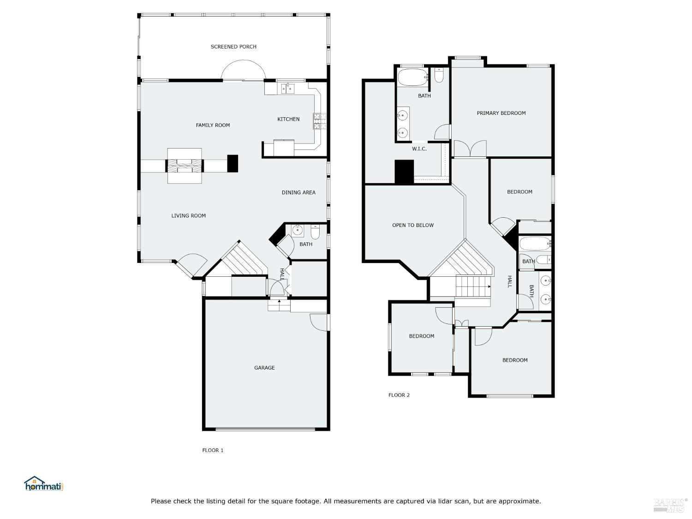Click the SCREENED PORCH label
pos(233,47)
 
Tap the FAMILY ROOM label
pos(213,125)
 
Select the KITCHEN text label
pos(288,119)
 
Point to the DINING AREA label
pos(298,192)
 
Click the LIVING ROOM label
pos(188,215)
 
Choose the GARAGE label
pos(264,368)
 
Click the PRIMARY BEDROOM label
pos(501,113)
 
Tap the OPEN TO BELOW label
pos(413,225)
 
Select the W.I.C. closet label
pos(419,149)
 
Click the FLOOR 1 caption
pos(213,450)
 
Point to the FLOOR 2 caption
pos(399,395)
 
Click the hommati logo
pos(43,484)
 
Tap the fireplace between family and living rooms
pos(185,166)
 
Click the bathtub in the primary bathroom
pos(412,78)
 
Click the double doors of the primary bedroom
pos(470,149)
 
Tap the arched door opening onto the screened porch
pos(244,72)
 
